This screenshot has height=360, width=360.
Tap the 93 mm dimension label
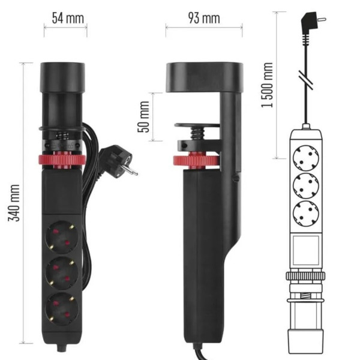(x=204, y=17)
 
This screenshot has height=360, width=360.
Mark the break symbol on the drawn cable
(x=308, y=80)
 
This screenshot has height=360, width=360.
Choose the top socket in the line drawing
(x=305, y=158)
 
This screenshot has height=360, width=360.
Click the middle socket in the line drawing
(x=305, y=186)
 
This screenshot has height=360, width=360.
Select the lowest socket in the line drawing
(x=305, y=214)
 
